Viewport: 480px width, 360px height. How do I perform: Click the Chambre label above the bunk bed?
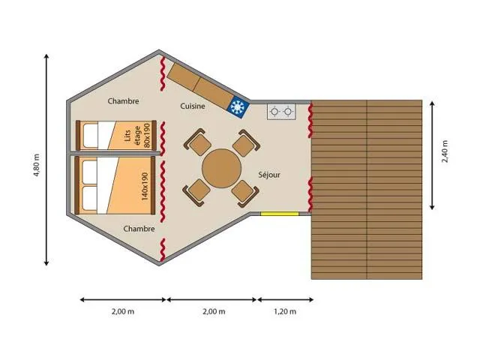123,101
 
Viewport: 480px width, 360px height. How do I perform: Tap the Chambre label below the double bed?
139,229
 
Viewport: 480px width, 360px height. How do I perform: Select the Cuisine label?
193,106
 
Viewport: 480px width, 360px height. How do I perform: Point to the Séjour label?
269,175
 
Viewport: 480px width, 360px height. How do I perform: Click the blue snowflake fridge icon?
238,107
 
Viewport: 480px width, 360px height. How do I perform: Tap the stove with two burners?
281,112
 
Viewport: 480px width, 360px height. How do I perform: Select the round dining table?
220,167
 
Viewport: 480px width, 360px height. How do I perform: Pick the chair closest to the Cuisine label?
198,142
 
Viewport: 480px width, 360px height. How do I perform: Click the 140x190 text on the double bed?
145,186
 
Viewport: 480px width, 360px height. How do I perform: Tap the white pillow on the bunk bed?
89,136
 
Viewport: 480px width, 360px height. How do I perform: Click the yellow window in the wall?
279,214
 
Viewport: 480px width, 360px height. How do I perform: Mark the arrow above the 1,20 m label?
286,299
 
